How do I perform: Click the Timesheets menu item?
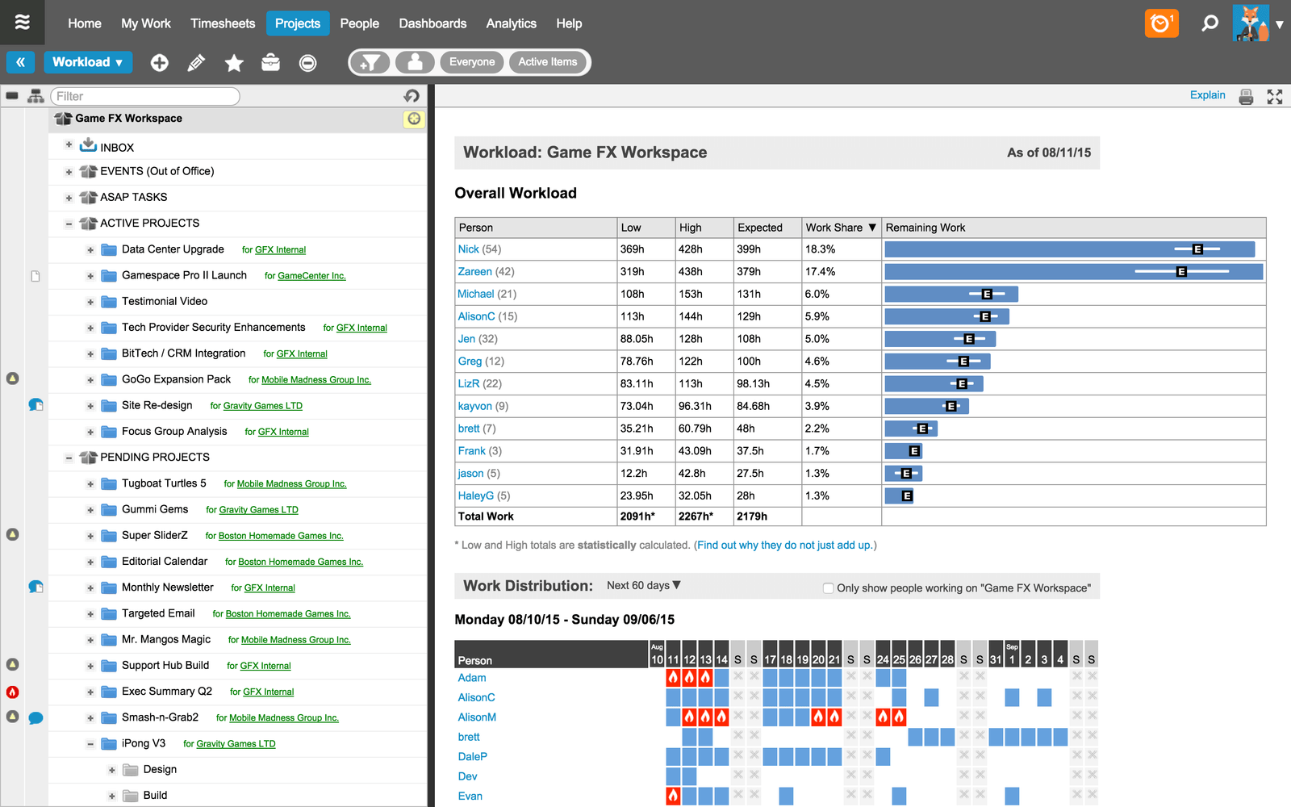[x=223, y=23]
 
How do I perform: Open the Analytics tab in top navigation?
[x=511, y=23]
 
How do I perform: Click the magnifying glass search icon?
[x=1210, y=23]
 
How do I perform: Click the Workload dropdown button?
[x=88, y=62]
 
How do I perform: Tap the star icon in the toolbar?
[x=234, y=63]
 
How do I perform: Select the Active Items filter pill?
[x=547, y=62]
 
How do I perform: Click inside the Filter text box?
[x=145, y=96]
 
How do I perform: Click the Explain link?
[x=1207, y=95]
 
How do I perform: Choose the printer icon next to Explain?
[x=1246, y=97]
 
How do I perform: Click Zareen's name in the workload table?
[x=474, y=272]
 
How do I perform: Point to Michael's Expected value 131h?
[x=749, y=295]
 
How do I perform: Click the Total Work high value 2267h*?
[x=696, y=516]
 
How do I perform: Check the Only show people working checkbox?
[x=828, y=588]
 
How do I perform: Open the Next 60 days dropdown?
[x=643, y=586]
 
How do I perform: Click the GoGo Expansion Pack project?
[x=176, y=379]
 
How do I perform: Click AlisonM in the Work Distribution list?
[x=477, y=717]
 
